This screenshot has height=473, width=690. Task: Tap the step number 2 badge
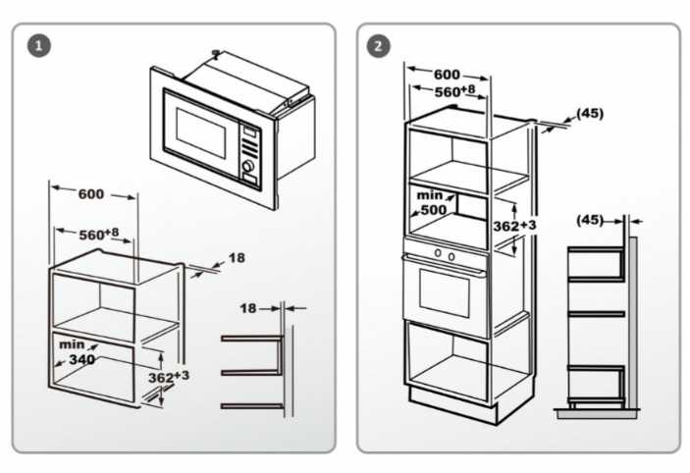pyautogui.click(x=377, y=46)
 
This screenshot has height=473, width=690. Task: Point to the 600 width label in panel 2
pyautogui.click(x=448, y=75)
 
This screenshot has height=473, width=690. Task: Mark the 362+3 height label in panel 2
pyautogui.click(x=513, y=226)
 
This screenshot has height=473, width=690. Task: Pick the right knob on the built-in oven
pyautogui.click(x=451, y=258)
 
